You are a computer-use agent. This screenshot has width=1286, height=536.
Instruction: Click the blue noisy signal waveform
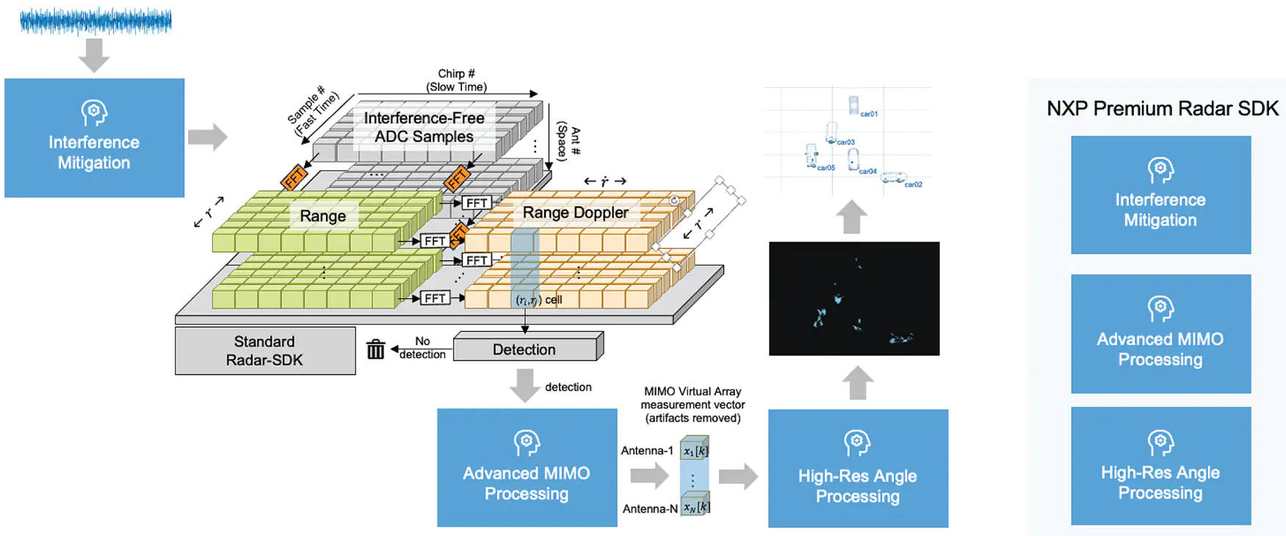click(95, 21)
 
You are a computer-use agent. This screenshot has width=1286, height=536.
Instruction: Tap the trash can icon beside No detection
click(375, 350)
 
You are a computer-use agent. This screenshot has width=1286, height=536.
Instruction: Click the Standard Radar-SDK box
click(264, 351)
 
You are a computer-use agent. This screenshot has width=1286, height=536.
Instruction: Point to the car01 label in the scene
click(869, 114)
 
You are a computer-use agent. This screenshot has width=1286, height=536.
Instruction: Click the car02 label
click(913, 185)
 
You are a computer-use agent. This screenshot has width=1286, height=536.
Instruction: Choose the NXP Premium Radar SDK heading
click(1162, 109)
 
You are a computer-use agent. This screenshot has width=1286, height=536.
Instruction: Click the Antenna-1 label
click(646, 450)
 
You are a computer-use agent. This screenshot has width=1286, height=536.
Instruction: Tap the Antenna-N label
click(649, 508)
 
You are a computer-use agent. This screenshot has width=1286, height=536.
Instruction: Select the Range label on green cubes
click(322, 216)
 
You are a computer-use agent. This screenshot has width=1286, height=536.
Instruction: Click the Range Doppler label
click(575, 212)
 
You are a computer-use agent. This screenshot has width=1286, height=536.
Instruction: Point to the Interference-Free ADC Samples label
click(424, 127)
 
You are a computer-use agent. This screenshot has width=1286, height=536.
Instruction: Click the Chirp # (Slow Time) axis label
click(456, 80)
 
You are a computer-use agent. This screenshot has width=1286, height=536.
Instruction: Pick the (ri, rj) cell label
click(538, 300)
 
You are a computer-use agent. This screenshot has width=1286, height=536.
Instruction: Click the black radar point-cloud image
click(853, 298)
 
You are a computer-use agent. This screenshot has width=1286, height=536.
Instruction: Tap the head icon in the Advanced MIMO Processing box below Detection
click(527, 443)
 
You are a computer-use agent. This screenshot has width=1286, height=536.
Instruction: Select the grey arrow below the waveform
click(94, 55)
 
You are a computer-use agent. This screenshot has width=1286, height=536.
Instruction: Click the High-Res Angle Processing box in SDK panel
click(1160, 466)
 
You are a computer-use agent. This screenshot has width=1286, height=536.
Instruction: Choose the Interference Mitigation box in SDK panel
click(1160, 195)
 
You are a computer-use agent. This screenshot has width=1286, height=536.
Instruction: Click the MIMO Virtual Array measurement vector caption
click(693, 405)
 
